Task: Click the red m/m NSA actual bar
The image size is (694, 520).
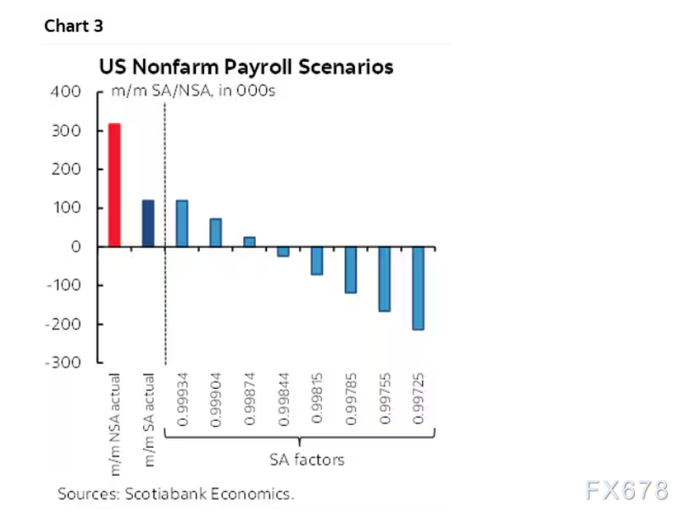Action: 114,185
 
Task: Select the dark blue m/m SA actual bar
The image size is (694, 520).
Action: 147,224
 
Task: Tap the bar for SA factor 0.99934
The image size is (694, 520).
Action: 181,224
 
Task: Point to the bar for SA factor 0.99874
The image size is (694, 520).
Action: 249,242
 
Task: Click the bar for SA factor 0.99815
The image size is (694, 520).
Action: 317,261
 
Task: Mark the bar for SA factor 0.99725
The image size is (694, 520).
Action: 418,289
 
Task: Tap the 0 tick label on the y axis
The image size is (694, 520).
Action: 76,247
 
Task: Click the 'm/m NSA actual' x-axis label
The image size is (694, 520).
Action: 114,415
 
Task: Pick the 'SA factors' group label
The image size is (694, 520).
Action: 307,460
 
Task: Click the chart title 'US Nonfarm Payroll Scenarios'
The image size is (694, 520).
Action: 247,67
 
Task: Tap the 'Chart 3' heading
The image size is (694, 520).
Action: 74,25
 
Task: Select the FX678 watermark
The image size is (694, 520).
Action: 626,490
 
